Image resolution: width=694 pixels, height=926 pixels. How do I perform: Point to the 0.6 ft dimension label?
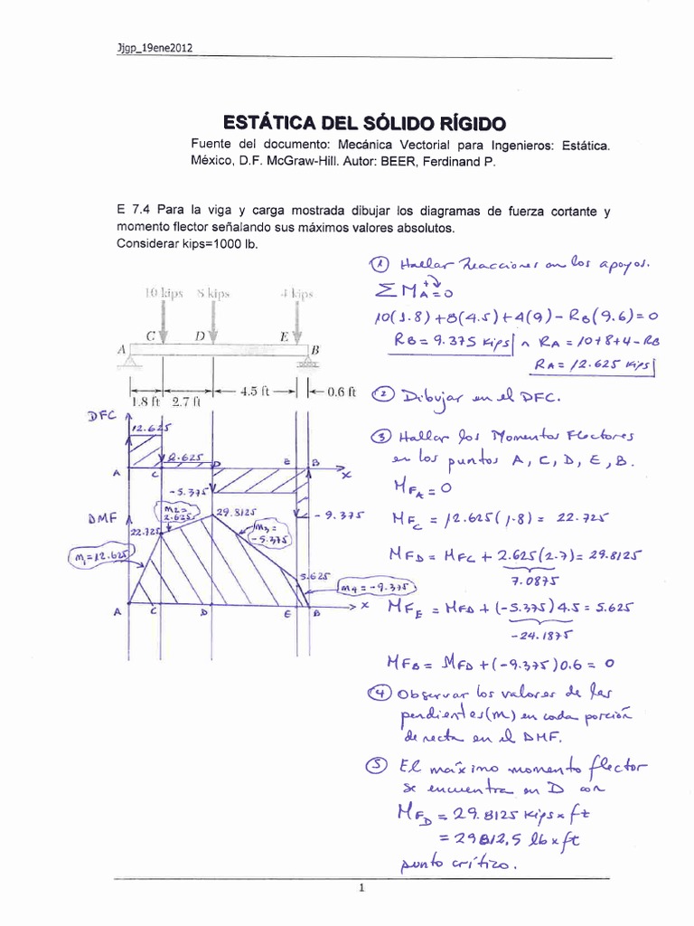pyautogui.click(x=340, y=392)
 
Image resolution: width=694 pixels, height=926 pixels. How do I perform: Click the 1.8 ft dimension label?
pyautogui.click(x=145, y=402)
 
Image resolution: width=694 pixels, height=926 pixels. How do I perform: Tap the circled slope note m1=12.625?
pyautogui.click(x=99, y=553)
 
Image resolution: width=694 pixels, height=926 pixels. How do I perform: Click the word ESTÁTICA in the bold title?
pyautogui.click(x=267, y=122)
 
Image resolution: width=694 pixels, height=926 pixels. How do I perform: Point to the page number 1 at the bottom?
pyautogui.click(x=360, y=888)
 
